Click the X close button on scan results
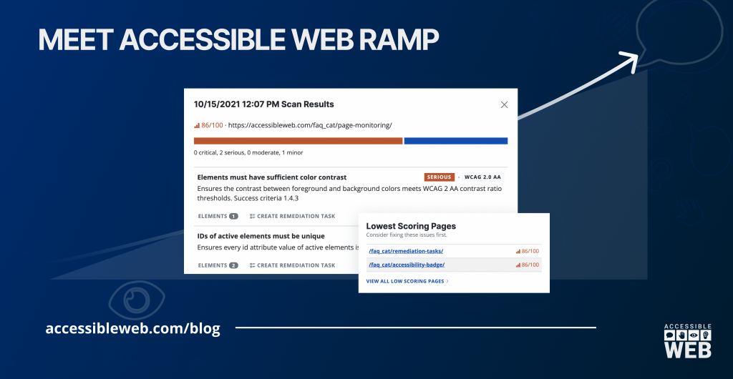504,104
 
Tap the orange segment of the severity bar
298,141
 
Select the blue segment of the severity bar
455,141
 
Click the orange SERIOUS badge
439,177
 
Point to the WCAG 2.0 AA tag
483,177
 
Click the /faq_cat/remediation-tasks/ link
406,251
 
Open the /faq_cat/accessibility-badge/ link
407,265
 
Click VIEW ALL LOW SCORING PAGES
407,282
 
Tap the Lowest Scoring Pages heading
411,226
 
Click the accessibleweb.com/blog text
132,328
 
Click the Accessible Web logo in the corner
686,340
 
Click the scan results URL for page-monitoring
309,125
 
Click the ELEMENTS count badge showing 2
233,265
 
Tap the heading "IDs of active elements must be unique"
261,236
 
